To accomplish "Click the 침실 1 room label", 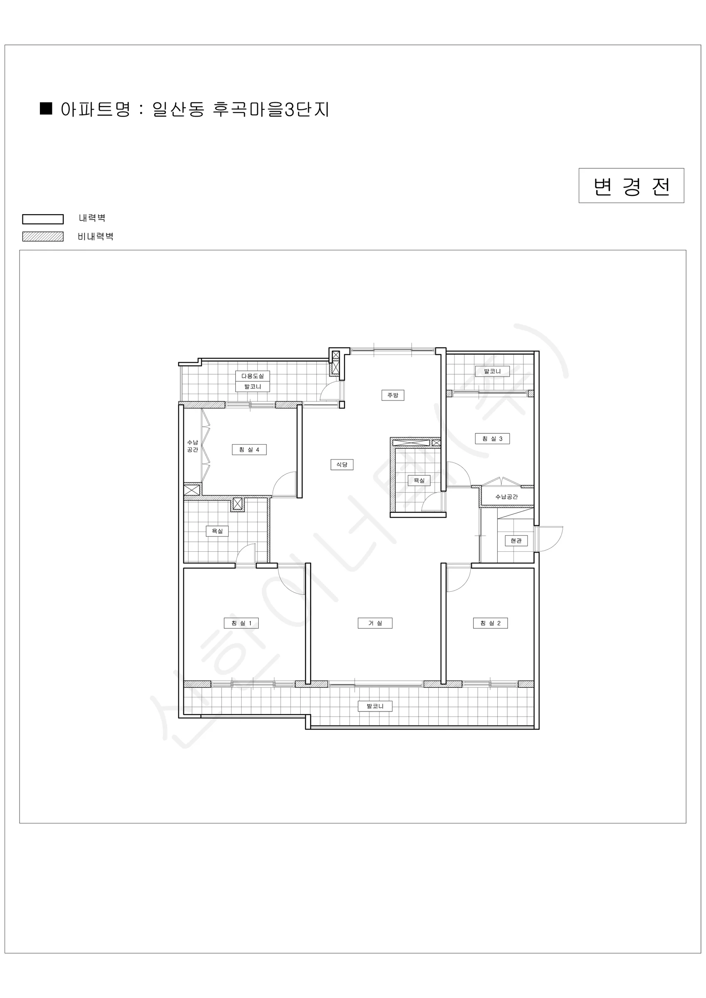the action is (x=241, y=623).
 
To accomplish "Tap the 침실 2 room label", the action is (x=490, y=623).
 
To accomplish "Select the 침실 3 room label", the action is (x=492, y=439).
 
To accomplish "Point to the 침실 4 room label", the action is (x=249, y=450).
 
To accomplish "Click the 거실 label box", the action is (x=375, y=623).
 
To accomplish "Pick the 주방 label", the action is (x=392, y=395).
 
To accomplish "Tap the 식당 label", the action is (x=342, y=464).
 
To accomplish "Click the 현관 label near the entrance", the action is (x=516, y=541).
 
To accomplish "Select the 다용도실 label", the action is (x=252, y=376).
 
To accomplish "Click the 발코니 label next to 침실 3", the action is (x=492, y=371).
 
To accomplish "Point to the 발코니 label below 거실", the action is (x=375, y=707).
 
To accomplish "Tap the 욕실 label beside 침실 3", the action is (x=419, y=480).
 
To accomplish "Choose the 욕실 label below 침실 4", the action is (x=217, y=531).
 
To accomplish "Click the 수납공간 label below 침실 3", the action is (x=506, y=497).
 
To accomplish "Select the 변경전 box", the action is (x=631, y=185).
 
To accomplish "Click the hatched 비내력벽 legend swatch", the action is (x=42, y=237).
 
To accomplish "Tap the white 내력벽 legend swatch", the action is (x=42, y=219).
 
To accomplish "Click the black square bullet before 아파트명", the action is (x=46, y=108).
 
